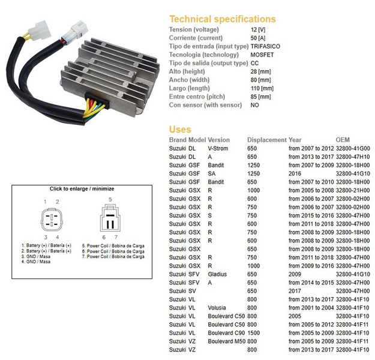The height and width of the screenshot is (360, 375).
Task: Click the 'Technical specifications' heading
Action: (x=223, y=19)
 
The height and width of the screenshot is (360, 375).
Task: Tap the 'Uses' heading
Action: (x=180, y=130)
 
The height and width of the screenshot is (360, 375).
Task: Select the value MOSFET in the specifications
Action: (x=262, y=55)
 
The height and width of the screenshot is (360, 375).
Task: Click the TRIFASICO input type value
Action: (x=265, y=46)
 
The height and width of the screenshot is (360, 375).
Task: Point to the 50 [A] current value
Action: (x=258, y=38)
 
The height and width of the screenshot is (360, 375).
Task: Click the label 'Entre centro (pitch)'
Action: (x=197, y=97)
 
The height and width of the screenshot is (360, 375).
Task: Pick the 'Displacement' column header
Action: (x=266, y=140)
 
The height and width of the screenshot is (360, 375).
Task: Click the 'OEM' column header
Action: (x=343, y=140)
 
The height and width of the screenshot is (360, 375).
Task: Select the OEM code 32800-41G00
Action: (x=353, y=149)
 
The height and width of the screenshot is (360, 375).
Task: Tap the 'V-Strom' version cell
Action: (x=218, y=149)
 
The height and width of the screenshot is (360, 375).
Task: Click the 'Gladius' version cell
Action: (x=217, y=274)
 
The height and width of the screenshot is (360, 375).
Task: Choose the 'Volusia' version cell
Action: (x=217, y=308)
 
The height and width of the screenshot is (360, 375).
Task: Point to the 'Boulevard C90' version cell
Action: (x=226, y=333)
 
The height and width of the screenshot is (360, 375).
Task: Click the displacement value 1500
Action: (x=253, y=333)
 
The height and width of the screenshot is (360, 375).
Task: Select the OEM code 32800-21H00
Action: (x=353, y=190)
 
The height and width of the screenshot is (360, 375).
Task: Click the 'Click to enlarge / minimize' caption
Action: (x=82, y=189)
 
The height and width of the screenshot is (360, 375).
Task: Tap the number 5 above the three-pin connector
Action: (x=110, y=199)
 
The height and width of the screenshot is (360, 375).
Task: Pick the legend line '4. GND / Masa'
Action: (x=36, y=262)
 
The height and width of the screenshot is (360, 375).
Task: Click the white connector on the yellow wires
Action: (x=40, y=31)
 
